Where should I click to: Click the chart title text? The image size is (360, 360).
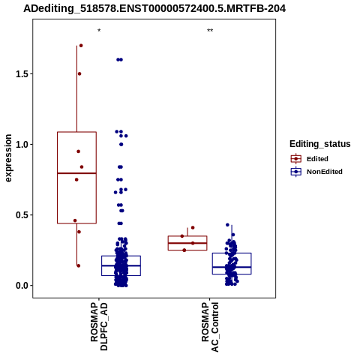pos(154,8)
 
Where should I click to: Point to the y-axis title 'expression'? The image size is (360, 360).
pos(8,158)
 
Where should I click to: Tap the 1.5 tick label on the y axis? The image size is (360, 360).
pos(21,74)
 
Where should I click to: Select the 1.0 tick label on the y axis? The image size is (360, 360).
pos(21,145)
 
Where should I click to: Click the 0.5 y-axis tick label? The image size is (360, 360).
pos(21,215)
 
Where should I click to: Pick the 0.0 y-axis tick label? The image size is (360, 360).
pos(21,286)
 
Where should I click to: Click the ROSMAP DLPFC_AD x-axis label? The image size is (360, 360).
pos(99,326)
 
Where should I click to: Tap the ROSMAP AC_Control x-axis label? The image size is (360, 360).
pos(210,327)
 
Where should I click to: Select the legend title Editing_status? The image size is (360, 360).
pos(320,144)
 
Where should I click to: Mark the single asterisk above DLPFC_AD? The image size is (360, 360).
pos(99,31)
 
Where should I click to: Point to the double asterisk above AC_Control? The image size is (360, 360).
pos(210,31)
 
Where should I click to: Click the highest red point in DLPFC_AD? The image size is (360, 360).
pos(81,46)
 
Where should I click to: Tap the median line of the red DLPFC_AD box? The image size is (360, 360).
pos(76,173)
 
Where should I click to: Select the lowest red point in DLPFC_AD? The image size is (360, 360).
pos(79,265)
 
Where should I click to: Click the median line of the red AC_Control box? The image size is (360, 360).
pos(187,243)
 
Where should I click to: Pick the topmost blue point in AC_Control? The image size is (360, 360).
pos(227,225)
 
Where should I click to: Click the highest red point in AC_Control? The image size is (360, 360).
pos(193,227)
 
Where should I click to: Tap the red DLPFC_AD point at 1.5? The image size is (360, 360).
pos(79,73)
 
